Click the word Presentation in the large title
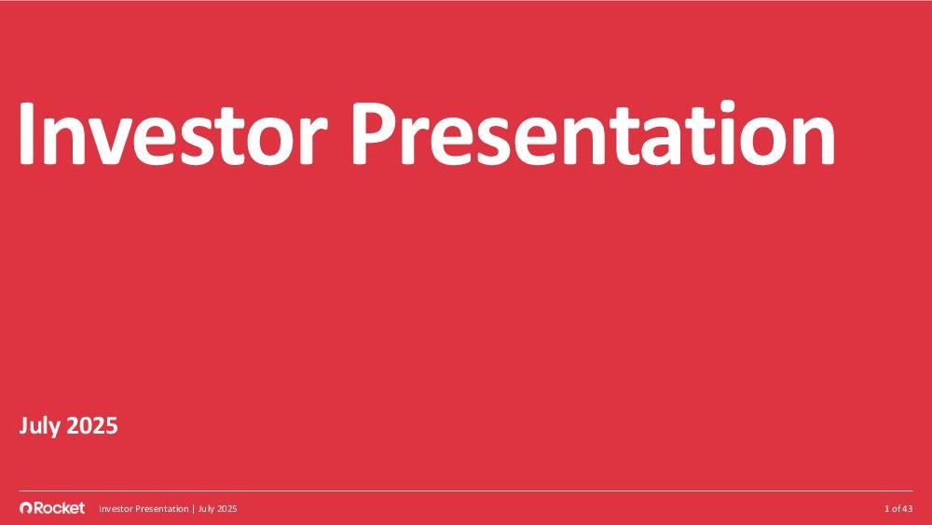(x=593, y=132)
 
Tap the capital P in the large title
(x=373, y=134)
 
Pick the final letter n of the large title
(x=815, y=142)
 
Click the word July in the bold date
(x=40, y=427)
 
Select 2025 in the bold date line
(x=91, y=426)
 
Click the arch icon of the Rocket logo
(x=25, y=508)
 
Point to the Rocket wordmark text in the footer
(x=59, y=508)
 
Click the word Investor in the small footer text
(x=116, y=509)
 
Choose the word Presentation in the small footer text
(x=161, y=509)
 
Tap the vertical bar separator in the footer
(x=193, y=509)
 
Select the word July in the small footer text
(x=206, y=509)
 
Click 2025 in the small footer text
(x=227, y=509)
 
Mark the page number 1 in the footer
(x=887, y=509)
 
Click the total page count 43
(x=907, y=509)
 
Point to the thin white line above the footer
(x=466, y=491)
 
